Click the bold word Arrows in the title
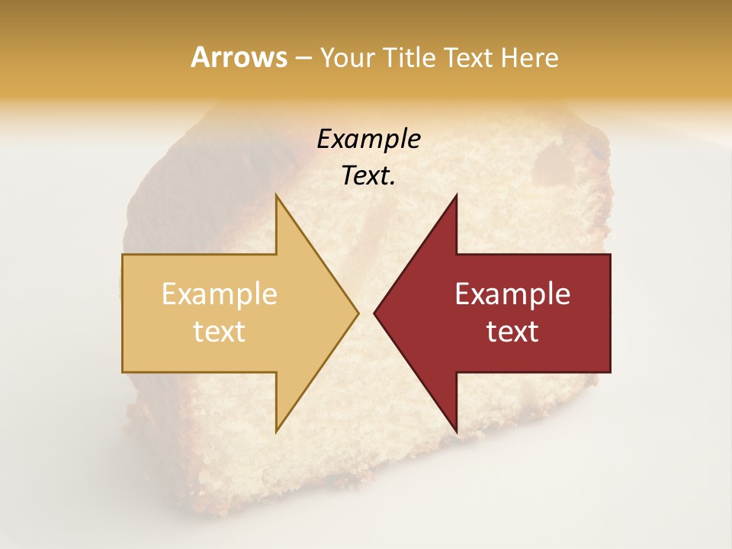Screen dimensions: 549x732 239,57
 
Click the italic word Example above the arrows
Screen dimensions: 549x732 368,139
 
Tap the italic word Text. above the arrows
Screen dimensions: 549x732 368,176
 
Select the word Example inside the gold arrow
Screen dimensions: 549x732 220,294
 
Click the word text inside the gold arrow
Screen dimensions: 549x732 220,332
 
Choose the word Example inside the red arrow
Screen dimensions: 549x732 512,294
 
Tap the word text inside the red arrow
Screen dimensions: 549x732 512,332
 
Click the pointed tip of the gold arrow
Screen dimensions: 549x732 358,313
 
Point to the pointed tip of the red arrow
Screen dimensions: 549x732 374,313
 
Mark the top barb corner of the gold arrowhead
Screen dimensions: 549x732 276,194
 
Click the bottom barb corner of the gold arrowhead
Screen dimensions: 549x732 276,432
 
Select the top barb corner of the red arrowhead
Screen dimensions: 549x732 456,194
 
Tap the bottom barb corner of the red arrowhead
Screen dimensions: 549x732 456,432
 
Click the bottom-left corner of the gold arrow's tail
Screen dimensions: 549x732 123,372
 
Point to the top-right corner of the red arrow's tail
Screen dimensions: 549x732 610,255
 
